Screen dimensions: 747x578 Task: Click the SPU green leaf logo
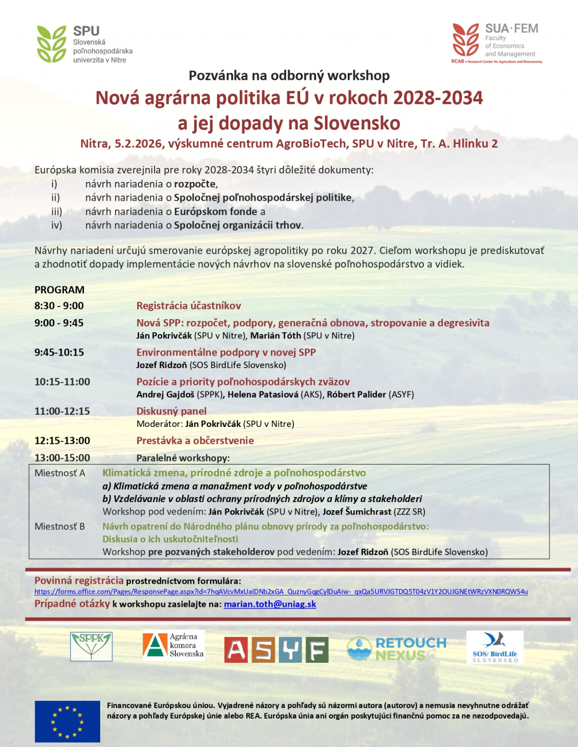click(x=52, y=44)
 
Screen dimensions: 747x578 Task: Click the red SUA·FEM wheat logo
click(x=465, y=40)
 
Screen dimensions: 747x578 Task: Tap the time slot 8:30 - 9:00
click(x=59, y=306)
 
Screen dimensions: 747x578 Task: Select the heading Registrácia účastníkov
click(x=188, y=306)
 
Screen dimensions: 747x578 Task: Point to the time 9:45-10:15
click(x=59, y=352)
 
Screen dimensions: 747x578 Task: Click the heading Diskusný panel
click(x=171, y=411)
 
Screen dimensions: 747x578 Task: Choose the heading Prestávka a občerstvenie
click(x=195, y=440)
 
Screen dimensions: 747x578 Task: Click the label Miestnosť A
click(x=60, y=473)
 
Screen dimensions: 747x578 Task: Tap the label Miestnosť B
click(x=60, y=527)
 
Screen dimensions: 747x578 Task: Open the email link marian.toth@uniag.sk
click(x=270, y=604)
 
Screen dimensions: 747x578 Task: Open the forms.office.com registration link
click(x=281, y=592)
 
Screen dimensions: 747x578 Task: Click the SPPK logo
click(x=92, y=646)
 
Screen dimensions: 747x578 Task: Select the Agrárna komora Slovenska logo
click(x=173, y=645)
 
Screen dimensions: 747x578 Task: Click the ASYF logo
click(x=276, y=650)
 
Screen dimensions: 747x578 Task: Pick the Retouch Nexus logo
click(x=396, y=648)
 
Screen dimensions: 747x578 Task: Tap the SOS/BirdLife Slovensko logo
click(x=495, y=647)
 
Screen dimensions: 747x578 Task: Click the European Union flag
click(x=67, y=721)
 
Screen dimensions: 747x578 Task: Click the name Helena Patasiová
click(x=263, y=395)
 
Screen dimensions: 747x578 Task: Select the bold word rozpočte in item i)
click(x=195, y=184)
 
